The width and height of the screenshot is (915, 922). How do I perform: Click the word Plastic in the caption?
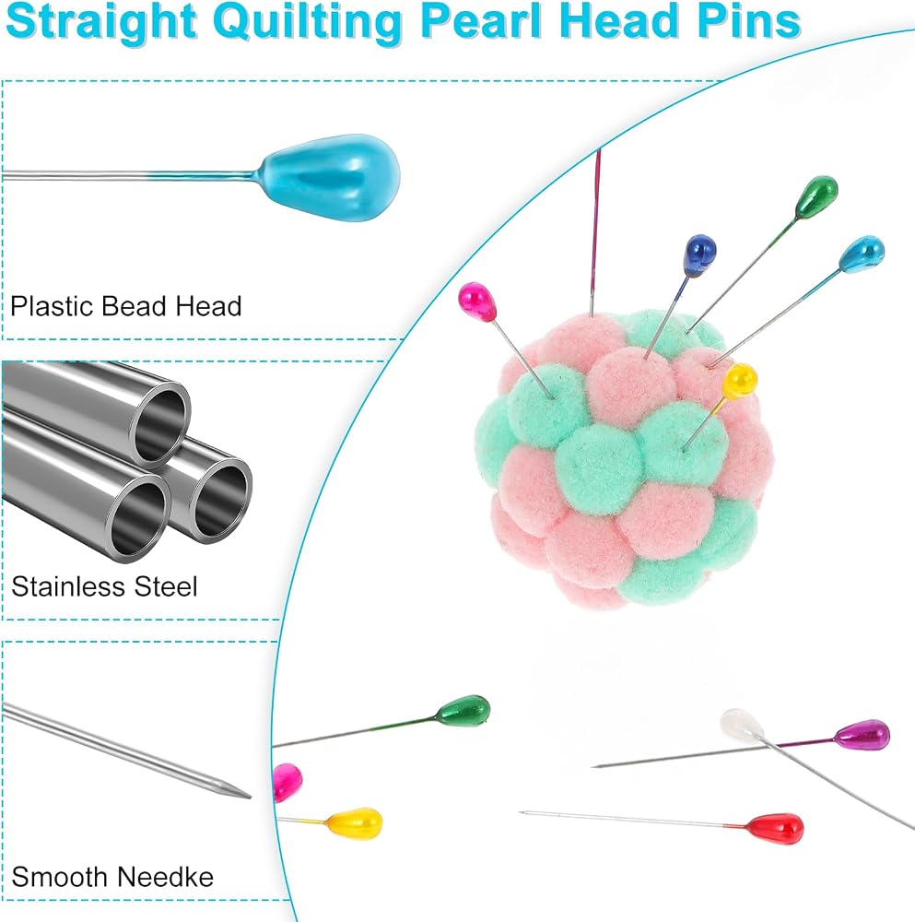pyautogui.click(x=52, y=306)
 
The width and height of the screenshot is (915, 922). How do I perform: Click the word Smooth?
pyautogui.click(x=59, y=878)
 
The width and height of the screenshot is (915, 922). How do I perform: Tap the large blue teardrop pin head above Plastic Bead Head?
pyautogui.click(x=330, y=178)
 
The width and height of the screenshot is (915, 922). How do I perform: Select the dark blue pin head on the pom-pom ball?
pyautogui.click(x=700, y=254)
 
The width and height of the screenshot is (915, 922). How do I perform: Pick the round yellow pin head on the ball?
pyautogui.click(x=739, y=381)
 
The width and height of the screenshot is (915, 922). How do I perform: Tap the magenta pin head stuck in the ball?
pyautogui.click(x=477, y=301)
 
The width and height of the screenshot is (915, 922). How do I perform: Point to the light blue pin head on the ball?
pyautogui.click(x=862, y=254)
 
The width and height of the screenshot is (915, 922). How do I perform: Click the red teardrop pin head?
pyautogui.click(x=775, y=829)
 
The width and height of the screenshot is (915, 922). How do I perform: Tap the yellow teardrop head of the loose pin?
pyautogui.click(x=355, y=822)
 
